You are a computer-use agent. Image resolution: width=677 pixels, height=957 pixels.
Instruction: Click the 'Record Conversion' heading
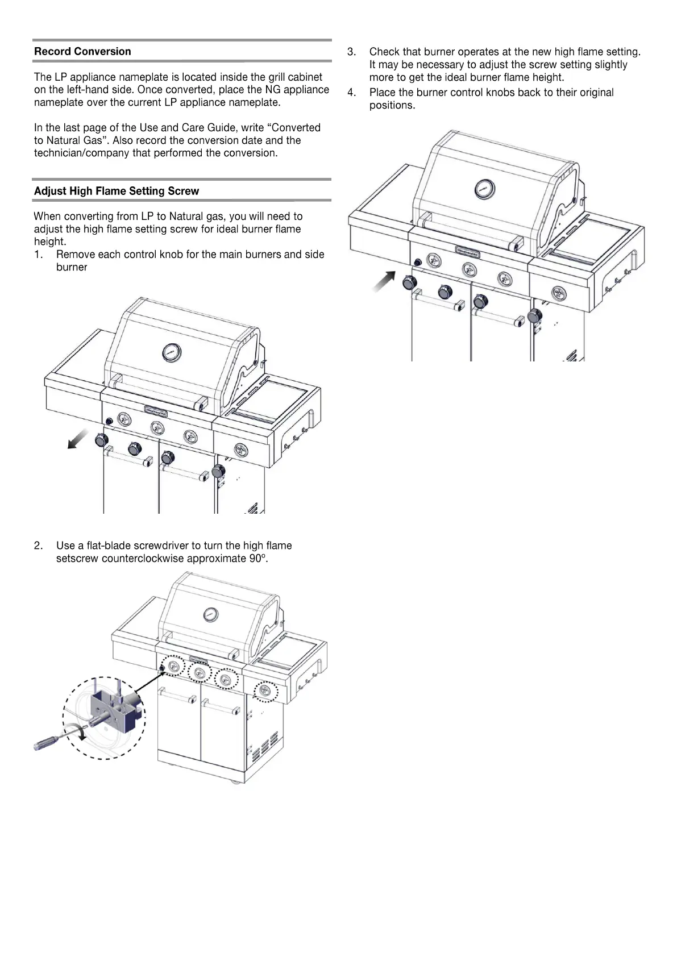point(82,51)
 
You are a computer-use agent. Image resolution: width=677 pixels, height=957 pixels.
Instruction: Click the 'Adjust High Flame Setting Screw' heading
point(117,191)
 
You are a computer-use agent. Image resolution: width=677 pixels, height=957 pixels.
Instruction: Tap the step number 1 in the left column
point(38,255)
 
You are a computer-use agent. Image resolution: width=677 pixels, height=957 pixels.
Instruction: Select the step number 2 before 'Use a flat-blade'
point(38,546)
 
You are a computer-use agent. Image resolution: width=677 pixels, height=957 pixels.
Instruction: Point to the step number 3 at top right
point(351,52)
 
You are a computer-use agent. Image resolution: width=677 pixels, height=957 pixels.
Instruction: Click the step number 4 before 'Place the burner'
point(351,93)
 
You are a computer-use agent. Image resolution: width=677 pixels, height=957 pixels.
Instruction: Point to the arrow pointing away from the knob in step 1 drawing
point(78,439)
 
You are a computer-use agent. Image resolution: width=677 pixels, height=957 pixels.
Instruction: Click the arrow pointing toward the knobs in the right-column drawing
point(384,281)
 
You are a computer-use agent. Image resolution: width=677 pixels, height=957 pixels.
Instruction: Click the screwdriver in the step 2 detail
point(54,740)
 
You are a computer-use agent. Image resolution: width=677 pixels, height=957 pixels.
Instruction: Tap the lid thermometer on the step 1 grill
point(171,352)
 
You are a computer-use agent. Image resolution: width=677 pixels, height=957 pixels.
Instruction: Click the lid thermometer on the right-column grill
point(485,189)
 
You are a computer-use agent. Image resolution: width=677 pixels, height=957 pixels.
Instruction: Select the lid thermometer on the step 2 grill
point(210,614)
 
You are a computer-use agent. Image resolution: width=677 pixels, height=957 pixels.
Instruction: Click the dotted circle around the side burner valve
point(265,691)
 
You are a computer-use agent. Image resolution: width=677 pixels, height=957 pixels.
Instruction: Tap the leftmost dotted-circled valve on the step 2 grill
point(173,667)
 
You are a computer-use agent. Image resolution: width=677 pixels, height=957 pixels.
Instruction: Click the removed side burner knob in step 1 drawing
point(218,471)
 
